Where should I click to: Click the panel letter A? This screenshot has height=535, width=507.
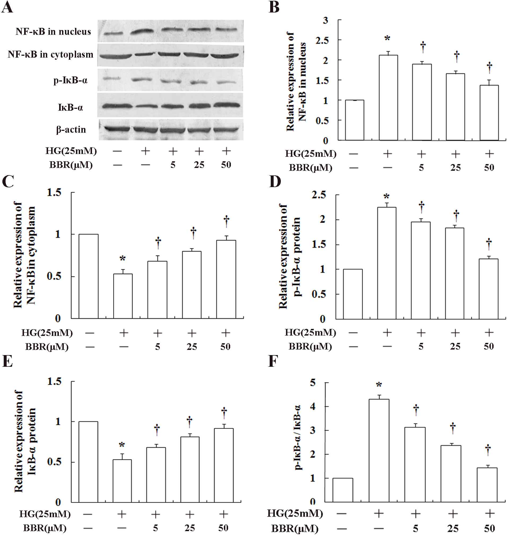point(7,7)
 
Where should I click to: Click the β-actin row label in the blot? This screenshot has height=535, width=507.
point(71,130)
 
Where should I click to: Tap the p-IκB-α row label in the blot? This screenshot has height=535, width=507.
point(70,80)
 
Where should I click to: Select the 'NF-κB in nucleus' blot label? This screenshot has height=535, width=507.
point(53,32)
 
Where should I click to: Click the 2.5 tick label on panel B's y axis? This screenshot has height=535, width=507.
point(322,40)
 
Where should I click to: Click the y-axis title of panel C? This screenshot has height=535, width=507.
point(24,254)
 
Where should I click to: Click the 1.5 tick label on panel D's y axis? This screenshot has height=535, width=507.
point(319,244)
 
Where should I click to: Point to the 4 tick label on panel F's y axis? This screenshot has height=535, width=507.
point(313,406)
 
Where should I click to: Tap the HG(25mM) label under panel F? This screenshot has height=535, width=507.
point(295,513)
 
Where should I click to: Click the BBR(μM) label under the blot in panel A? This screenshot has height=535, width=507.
point(71,165)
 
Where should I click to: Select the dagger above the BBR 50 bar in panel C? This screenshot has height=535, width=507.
point(226,221)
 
